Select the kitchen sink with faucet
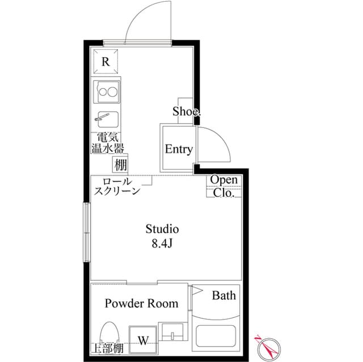coord(106,120)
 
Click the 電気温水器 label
coord(107,143)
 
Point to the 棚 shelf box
coord(120,165)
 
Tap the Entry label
coord(179,150)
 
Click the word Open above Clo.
coord(224,180)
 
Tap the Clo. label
coord(224,193)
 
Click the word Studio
coord(162,229)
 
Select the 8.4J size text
coord(162,244)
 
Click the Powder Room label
coord(141,304)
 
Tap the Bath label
coord(223,295)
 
